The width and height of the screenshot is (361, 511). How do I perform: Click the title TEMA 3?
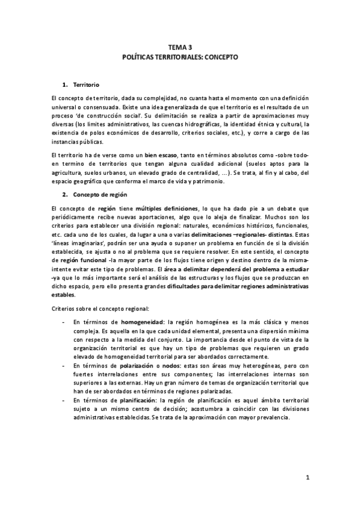[x=180, y=48]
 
